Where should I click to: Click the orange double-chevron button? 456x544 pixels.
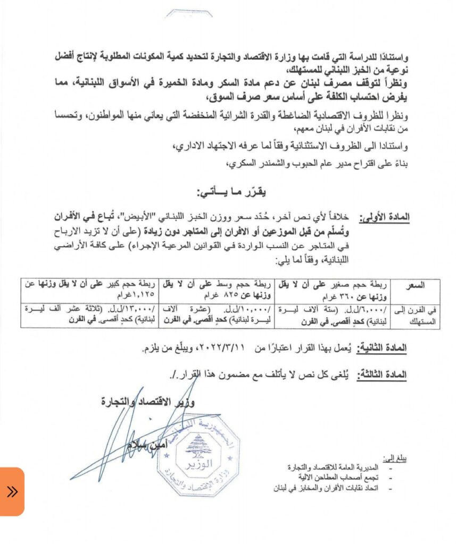(12, 491)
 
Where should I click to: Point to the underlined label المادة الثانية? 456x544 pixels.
(382, 348)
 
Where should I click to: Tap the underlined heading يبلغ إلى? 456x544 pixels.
(394, 458)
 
